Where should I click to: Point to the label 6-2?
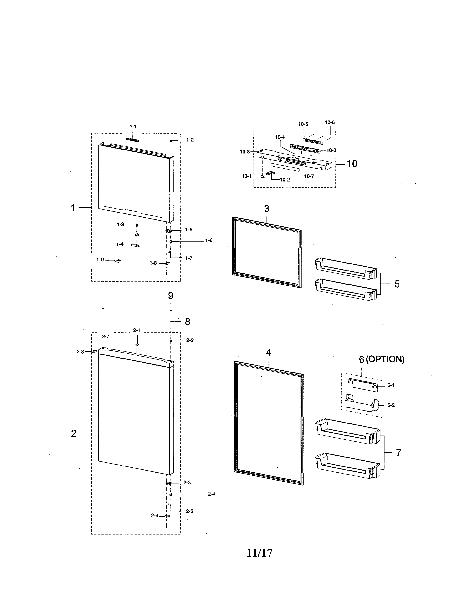pos(391,405)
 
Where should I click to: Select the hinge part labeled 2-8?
pos(94,352)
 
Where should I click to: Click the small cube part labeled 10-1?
pos(262,176)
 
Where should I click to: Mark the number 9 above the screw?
pos(171,296)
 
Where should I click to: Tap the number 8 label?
pos(187,322)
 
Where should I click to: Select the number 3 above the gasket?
pos(267,209)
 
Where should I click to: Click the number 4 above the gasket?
pos(268,352)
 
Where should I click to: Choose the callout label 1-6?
pos(209,240)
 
